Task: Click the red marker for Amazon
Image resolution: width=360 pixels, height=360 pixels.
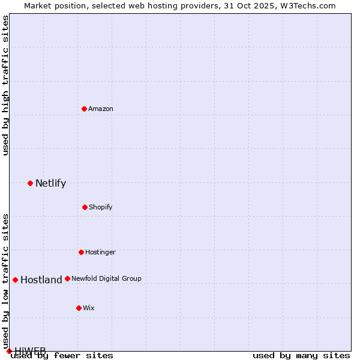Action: tap(85, 109)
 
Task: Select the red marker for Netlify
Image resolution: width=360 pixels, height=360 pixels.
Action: tap(30, 183)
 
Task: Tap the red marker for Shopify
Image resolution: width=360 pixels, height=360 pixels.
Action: tap(85, 207)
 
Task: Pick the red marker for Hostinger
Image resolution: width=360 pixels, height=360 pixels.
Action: tap(81, 252)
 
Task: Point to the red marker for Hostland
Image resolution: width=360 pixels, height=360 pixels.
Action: tap(15, 280)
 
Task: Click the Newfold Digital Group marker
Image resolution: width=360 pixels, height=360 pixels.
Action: tap(67, 278)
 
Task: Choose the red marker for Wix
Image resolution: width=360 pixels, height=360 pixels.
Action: tap(79, 308)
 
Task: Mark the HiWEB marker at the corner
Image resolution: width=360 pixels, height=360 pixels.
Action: tap(9, 351)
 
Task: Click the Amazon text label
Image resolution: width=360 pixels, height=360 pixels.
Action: tap(101, 109)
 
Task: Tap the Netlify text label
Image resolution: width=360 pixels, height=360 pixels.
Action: tap(50, 183)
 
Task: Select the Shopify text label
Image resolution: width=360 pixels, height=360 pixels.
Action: tap(101, 207)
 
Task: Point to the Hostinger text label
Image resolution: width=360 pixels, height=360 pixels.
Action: tap(100, 252)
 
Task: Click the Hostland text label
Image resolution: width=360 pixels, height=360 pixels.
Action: tap(41, 280)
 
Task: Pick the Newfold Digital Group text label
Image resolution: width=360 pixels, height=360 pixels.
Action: tap(106, 278)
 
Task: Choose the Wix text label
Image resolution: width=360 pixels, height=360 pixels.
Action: tap(89, 308)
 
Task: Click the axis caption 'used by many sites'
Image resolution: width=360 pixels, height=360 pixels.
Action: tap(301, 355)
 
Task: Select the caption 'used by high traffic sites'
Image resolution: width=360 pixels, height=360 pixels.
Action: tap(5, 85)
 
